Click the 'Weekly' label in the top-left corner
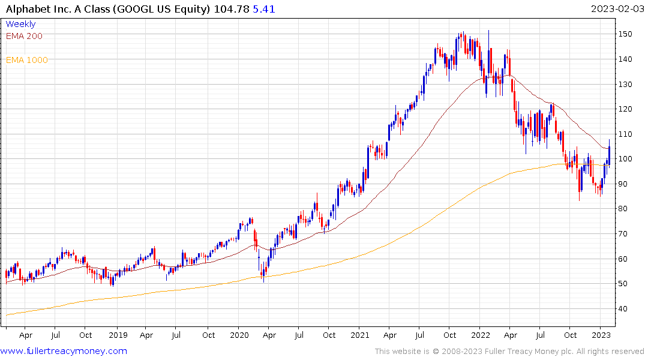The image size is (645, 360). tap(20, 24)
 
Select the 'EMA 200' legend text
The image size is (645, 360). tap(24, 36)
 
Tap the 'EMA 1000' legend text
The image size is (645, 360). tap(26, 60)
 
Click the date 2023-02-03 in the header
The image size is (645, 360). tap(616, 8)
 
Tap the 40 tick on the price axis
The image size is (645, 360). tap(625, 309)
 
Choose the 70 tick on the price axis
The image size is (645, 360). tap(625, 234)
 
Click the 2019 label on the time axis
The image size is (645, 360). tap(118, 335)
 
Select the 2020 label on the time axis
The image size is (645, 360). tap(239, 335)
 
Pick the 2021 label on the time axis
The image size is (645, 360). tap(359, 335)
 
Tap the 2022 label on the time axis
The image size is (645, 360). tap(481, 335)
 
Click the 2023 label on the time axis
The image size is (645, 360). tap(601, 335)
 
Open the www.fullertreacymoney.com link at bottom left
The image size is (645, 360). tap(64, 351)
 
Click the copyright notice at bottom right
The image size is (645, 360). tap(509, 351)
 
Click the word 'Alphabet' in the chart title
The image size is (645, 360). tap(28, 8)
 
